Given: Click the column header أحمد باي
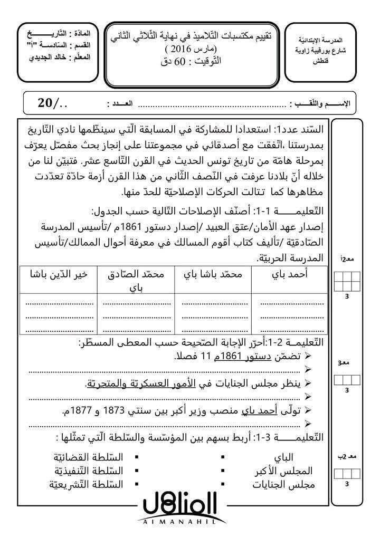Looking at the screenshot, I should [x=292, y=275].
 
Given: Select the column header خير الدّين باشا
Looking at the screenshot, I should [x=58, y=275].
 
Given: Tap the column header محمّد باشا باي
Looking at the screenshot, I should [x=214, y=275].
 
